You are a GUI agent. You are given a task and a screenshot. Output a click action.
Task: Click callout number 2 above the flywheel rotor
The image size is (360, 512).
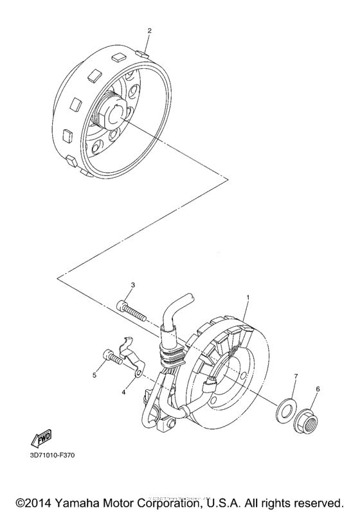(x=149, y=30)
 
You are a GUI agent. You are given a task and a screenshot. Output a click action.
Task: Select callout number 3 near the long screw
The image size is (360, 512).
(x=132, y=285)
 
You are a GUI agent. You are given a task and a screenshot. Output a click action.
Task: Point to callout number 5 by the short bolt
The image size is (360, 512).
(x=94, y=375)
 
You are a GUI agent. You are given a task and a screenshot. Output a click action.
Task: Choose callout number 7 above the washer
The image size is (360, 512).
(x=296, y=376)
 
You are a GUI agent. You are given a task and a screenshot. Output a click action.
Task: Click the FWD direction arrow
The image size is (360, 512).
(x=42, y=439)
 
